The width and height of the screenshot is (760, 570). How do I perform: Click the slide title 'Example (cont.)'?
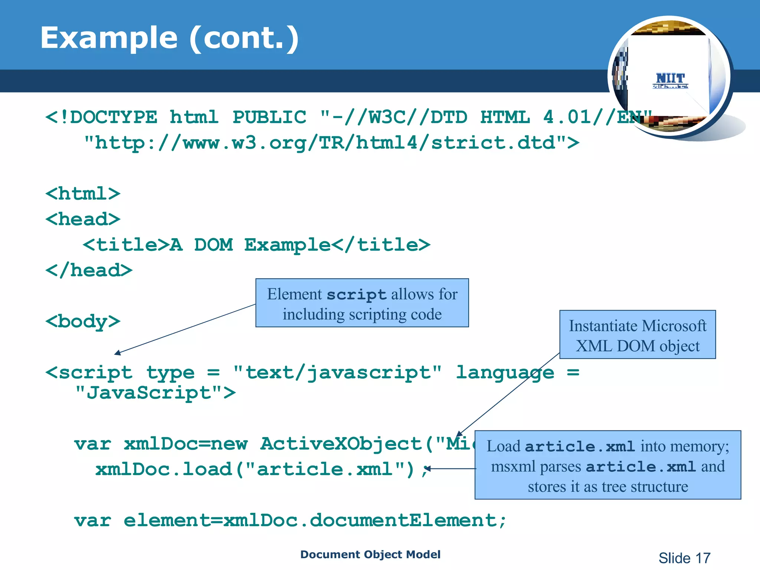click(169, 38)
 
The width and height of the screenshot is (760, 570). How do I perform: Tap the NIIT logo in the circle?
click(670, 80)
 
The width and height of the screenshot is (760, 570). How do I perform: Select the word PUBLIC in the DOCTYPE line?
click(269, 117)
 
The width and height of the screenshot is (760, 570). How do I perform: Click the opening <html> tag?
click(83, 194)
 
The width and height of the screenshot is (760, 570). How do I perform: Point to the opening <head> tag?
click(83, 219)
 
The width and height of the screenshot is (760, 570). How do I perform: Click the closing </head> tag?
click(89, 270)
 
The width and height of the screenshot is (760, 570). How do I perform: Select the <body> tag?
click(83, 321)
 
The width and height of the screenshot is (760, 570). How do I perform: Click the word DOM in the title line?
click(213, 245)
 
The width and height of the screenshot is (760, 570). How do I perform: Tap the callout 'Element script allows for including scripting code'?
click(362, 303)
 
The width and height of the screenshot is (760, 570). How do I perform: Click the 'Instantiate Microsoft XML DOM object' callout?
click(637, 335)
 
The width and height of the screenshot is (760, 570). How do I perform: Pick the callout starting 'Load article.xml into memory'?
click(607, 465)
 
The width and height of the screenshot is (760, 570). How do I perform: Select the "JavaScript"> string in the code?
click(155, 393)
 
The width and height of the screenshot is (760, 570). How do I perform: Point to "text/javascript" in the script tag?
click(337, 372)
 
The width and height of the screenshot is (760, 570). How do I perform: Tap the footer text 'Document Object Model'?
click(370, 554)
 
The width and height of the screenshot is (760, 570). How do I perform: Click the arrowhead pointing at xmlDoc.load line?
click(428, 469)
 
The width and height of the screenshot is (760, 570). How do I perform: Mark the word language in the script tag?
click(505, 372)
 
